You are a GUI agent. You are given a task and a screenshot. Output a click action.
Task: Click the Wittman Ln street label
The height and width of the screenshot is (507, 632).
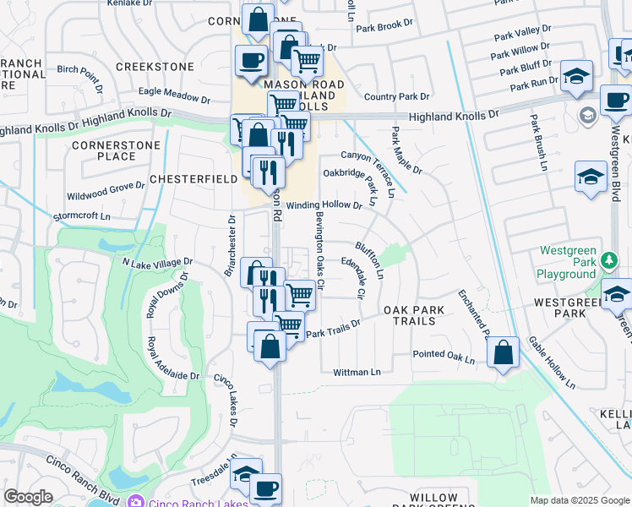[357, 372]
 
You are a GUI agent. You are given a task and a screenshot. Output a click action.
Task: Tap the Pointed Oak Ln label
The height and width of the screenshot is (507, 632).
[444, 356]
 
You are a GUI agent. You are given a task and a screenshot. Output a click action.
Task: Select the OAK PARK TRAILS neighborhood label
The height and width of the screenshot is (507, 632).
[422, 310]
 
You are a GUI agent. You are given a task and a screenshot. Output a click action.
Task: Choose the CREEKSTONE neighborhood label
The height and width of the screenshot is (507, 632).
[150, 67]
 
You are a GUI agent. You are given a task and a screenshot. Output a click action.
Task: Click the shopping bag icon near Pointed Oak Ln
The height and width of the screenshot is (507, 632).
[504, 353]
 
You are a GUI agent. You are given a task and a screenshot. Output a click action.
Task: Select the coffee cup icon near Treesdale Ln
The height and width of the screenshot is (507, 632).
[265, 488]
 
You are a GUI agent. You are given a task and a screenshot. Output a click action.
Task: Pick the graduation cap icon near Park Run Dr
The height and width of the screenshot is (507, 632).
[576, 76]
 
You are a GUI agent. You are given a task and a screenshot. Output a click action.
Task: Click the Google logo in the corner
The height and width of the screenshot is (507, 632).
[28, 497]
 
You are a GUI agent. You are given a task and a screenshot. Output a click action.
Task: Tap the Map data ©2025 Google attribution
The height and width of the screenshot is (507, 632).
[580, 500]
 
